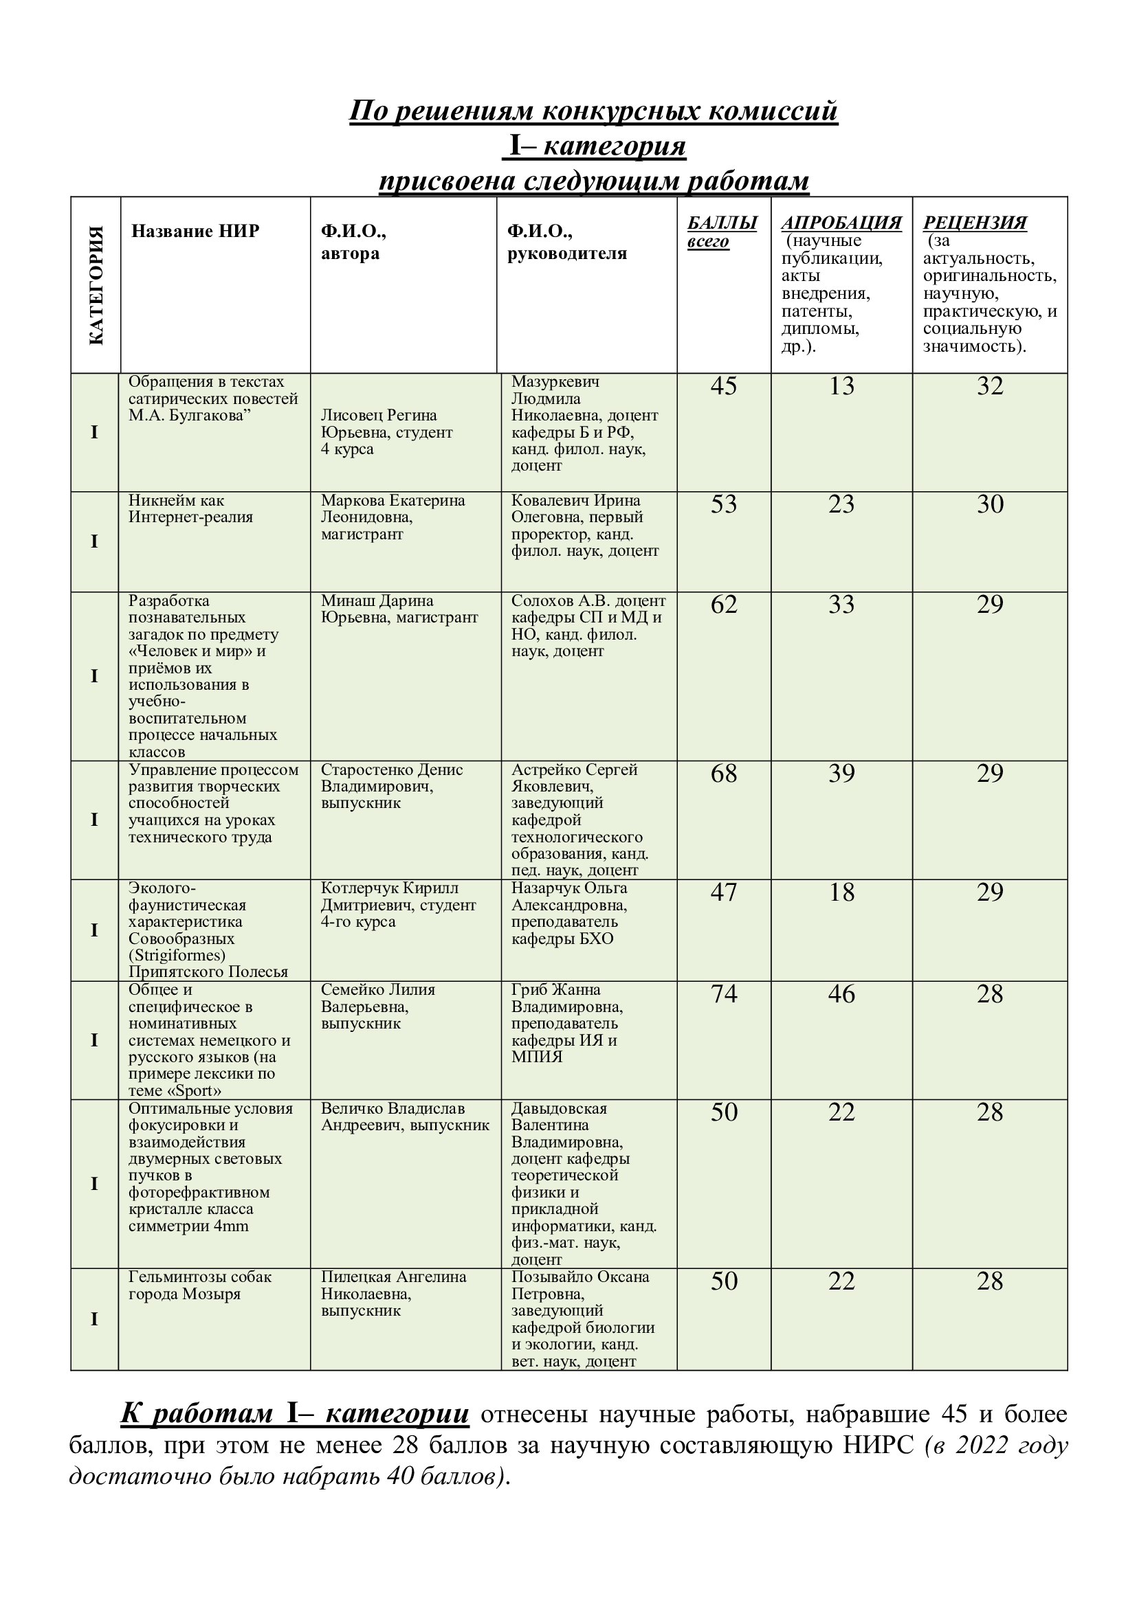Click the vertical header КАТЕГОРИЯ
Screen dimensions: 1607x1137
[x=96, y=285]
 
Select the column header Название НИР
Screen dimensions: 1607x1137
[x=195, y=231]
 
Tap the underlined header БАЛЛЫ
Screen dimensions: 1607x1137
[x=722, y=223]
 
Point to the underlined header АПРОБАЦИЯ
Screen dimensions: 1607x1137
[x=841, y=223]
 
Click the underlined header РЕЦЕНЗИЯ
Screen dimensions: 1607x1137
[x=975, y=223]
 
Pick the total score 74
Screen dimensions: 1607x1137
[x=724, y=994]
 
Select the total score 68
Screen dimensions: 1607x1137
[x=724, y=774]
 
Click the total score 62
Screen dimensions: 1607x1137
[x=724, y=604]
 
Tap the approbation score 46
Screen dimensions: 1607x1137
[x=841, y=994]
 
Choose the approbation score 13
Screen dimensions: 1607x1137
[x=841, y=385]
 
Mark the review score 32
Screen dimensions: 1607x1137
[x=990, y=385]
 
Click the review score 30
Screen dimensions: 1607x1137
[x=990, y=504]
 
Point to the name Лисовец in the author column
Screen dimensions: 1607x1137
[x=348, y=416]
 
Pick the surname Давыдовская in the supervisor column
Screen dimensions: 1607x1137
[x=559, y=1109]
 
